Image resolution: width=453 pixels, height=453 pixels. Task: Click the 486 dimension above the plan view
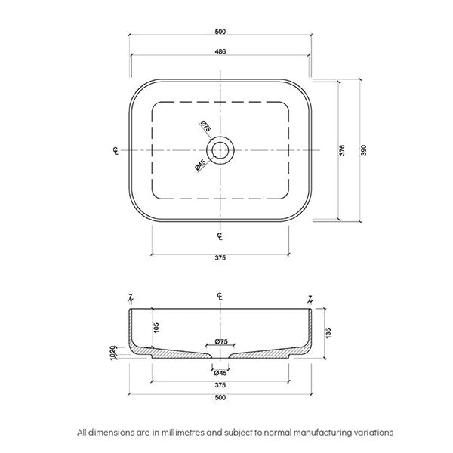(220, 51)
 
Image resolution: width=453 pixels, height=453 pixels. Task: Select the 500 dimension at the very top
(220, 31)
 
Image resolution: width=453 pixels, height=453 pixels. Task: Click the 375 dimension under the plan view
(220, 257)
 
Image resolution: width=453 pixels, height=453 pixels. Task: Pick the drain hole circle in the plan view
(220, 150)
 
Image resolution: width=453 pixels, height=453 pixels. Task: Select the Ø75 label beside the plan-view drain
(205, 127)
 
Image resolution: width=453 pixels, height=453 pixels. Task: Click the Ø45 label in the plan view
(200, 165)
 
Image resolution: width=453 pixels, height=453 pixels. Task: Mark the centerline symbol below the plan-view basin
(220, 236)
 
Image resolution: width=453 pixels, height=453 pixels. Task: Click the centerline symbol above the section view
(220, 295)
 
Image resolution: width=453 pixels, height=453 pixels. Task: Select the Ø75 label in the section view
(220, 342)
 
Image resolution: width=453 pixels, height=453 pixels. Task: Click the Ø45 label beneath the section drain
(220, 372)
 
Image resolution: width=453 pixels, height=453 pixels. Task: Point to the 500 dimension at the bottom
(220, 398)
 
